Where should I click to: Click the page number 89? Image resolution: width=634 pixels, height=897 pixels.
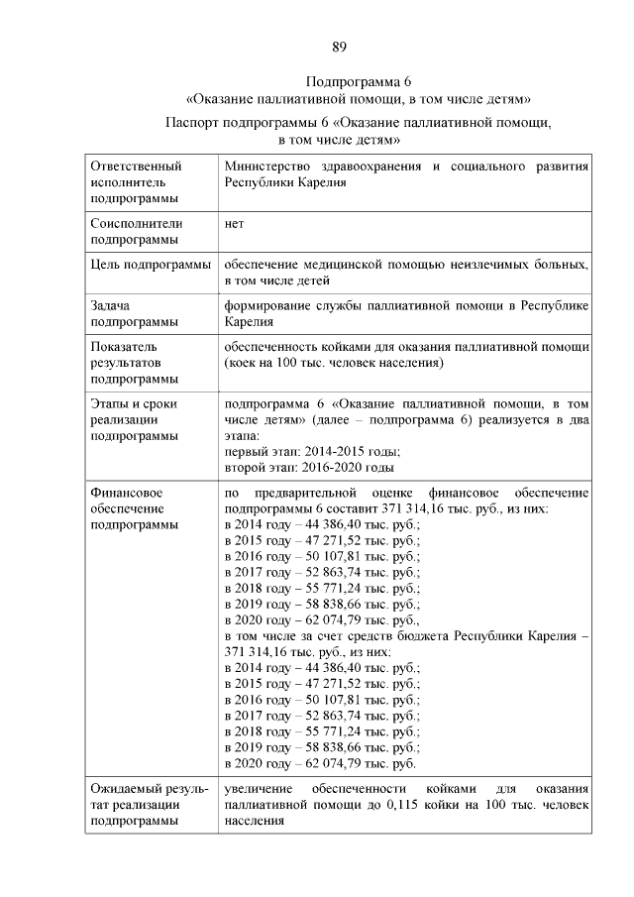[x=339, y=47]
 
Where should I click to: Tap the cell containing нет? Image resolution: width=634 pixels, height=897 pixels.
[x=235, y=223]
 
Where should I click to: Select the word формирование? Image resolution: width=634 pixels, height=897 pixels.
[x=264, y=306]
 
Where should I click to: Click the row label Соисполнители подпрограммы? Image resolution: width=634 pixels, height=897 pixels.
[x=135, y=231]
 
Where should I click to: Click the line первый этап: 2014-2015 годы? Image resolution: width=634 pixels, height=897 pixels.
[x=305, y=451]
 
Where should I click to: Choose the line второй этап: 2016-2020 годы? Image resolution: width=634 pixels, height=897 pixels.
[x=309, y=467]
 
